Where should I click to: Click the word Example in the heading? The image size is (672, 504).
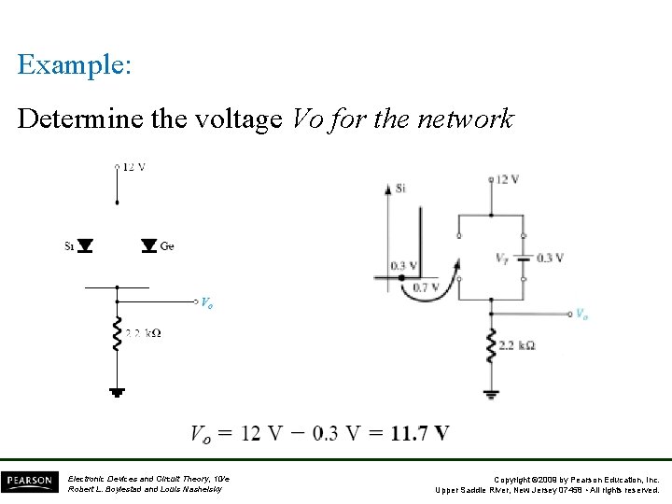[74, 65]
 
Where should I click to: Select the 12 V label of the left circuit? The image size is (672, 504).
[134, 167]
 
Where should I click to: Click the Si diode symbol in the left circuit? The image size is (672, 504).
[85, 246]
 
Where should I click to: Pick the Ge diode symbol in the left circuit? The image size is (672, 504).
[148, 246]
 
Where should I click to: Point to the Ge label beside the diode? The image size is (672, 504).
[167, 246]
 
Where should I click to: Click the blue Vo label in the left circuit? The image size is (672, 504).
[206, 303]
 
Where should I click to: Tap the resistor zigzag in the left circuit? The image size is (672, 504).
[117, 334]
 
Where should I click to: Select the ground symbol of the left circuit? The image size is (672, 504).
[117, 392]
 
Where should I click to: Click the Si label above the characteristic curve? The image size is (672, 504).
[400, 188]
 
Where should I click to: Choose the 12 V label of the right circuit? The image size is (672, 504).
[508, 179]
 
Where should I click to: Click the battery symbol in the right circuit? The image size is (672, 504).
[524, 258]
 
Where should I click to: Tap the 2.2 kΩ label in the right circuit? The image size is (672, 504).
[517, 345]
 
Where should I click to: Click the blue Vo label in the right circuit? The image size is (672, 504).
[581, 315]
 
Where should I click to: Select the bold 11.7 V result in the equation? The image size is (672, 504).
[420, 434]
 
